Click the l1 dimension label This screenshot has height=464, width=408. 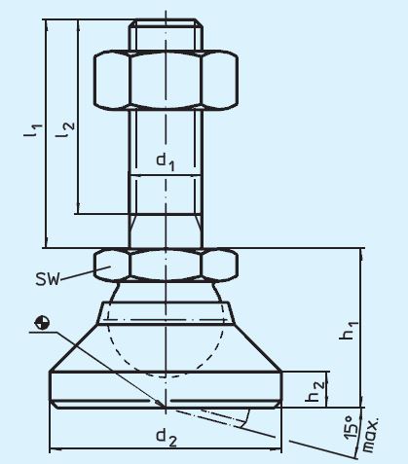click(x=31, y=130)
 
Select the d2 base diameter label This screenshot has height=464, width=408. click(x=167, y=439)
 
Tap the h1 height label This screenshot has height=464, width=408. click(x=348, y=334)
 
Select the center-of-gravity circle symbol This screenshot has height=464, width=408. click(x=40, y=322)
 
